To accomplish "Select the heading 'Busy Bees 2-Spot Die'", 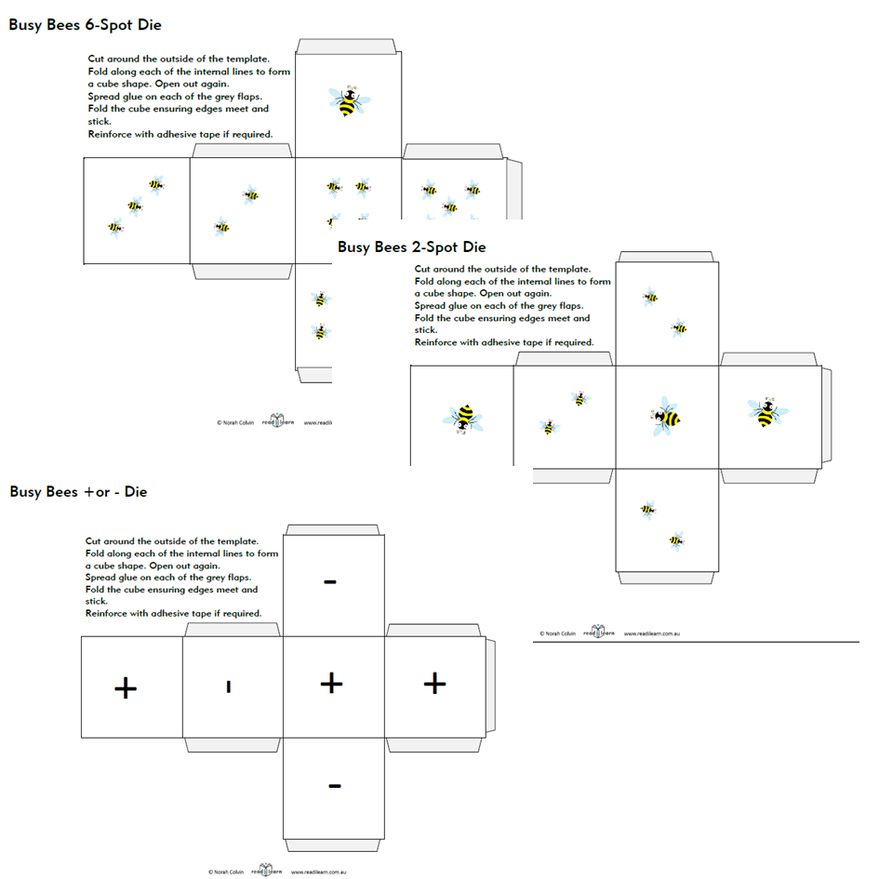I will (x=411, y=247).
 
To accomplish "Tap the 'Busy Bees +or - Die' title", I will (x=78, y=491).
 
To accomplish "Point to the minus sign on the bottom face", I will (x=334, y=786).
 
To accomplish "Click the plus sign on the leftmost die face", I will (x=126, y=687).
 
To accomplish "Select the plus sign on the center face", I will (x=331, y=684).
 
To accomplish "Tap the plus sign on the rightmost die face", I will (x=434, y=684).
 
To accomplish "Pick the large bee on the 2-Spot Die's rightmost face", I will (x=767, y=411).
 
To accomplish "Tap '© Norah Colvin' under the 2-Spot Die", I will (x=557, y=633).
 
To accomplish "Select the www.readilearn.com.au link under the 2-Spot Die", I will (x=653, y=633).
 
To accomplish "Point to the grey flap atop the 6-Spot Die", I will (x=347, y=47).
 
